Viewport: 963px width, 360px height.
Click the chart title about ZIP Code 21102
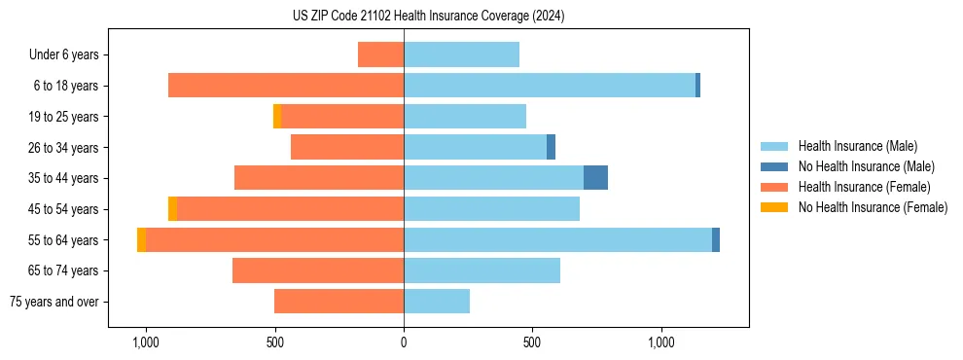tap(428, 17)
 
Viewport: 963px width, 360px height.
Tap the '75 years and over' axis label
tap(54, 302)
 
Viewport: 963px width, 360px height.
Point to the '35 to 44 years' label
tap(65, 178)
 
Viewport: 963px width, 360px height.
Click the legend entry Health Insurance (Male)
tap(857, 146)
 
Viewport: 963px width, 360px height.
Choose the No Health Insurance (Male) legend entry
tap(866, 166)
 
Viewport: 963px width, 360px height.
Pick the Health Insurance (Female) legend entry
tap(864, 187)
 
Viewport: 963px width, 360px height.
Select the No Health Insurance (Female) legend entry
tap(873, 207)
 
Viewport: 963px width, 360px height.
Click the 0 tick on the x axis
tap(404, 342)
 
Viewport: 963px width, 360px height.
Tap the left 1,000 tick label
tap(146, 342)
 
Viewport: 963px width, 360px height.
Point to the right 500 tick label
tap(532, 342)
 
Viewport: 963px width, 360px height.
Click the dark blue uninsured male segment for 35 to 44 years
tap(595, 178)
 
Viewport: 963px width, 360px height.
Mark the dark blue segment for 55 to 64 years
tap(716, 239)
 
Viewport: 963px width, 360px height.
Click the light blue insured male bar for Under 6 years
tap(461, 54)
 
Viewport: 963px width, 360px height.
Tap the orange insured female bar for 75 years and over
tap(339, 302)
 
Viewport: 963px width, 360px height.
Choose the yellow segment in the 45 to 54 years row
tap(172, 209)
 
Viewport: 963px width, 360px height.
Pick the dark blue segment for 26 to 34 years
tap(551, 147)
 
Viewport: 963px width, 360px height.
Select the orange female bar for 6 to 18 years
tap(286, 86)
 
